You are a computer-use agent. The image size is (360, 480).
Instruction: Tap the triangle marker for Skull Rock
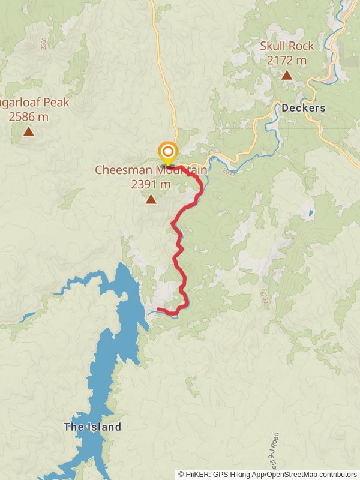click(x=287, y=76)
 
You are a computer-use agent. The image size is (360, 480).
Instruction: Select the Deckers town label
click(x=303, y=109)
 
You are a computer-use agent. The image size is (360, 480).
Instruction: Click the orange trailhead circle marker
click(x=167, y=151)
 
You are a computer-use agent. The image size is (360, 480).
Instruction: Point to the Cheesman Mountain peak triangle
click(x=151, y=199)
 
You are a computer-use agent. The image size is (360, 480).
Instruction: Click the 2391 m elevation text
click(x=151, y=184)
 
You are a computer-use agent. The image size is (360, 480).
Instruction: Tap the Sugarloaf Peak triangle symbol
click(x=28, y=131)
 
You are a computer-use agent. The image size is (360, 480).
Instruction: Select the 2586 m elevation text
click(x=28, y=116)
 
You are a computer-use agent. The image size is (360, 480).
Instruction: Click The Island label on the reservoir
click(x=92, y=427)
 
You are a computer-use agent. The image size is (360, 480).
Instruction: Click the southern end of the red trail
click(x=158, y=310)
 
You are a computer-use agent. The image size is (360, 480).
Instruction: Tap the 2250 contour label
click(x=263, y=298)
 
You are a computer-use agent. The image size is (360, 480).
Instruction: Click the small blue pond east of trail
click(x=310, y=213)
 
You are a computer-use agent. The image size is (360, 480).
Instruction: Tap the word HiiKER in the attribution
click(x=197, y=474)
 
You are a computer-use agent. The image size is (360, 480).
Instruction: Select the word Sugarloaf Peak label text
click(x=36, y=103)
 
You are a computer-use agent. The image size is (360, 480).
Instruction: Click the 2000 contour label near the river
click(x=228, y=172)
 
